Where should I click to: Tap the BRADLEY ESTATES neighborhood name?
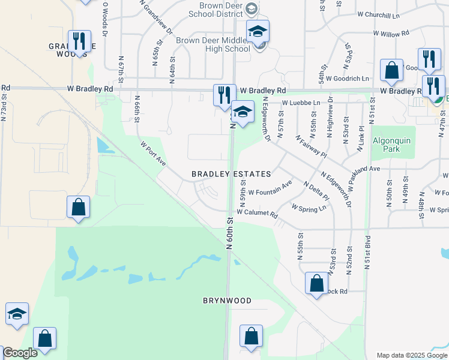click(x=231, y=174)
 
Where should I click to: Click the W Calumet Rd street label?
click(x=258, y=213)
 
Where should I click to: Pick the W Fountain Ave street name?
click(x=270, y=188)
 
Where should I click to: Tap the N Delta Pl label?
click(x=316, y=191)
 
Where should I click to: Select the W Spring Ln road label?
click(x=309, y=207)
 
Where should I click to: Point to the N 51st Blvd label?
click(x=367, y=253)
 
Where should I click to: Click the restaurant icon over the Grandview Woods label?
click(x=79, y=41)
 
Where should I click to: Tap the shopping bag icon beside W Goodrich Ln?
click(x=391, y=70)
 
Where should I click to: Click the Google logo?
click(x=19, y=353)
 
